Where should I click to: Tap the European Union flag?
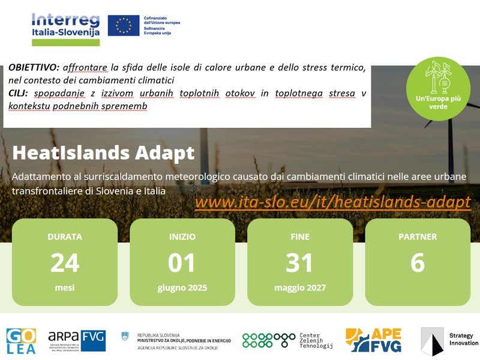pos(124,25)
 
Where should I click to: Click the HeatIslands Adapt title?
pos(103,153)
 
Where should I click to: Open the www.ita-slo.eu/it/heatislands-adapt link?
pos(333,202)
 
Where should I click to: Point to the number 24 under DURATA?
pos(64,263)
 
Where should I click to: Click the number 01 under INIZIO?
pos(182,263)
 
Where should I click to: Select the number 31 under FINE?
pos(299,263)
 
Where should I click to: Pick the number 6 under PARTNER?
pos(418,263)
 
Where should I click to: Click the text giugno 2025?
pos(182,288)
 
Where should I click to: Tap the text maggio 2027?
pos(299,288)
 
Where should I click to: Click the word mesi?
pos(64,288)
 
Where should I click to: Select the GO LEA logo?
pos(22,341)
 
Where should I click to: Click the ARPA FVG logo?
pos(76,340)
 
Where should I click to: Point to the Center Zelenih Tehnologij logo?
pos(287,340)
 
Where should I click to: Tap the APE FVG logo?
pos(373,340)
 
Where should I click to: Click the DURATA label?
pos(64,236)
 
